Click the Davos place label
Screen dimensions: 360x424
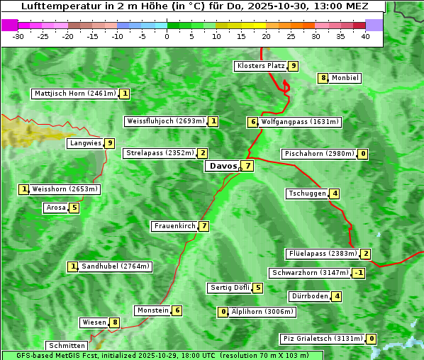pos(222,166)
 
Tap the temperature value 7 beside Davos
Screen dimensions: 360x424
pos(247,166)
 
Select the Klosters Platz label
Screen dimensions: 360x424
pos(260,66)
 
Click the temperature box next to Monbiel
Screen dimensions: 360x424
pos(323,78)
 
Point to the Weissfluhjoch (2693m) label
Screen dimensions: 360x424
pos(165,121)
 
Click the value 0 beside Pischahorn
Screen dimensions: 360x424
pos(363,154)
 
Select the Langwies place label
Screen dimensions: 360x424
pos(84,143)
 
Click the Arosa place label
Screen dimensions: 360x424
pos(55,208)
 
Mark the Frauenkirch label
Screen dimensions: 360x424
pos(174,226)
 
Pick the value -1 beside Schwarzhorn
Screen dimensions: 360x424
pos(359,273)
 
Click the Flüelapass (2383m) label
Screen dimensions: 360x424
pos(322,254)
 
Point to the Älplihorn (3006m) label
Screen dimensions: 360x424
pos(262,311)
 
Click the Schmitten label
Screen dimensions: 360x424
pos(66,346)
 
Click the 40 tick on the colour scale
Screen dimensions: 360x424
pos(365,36)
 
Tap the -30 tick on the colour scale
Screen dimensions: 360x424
pos(18,36)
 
